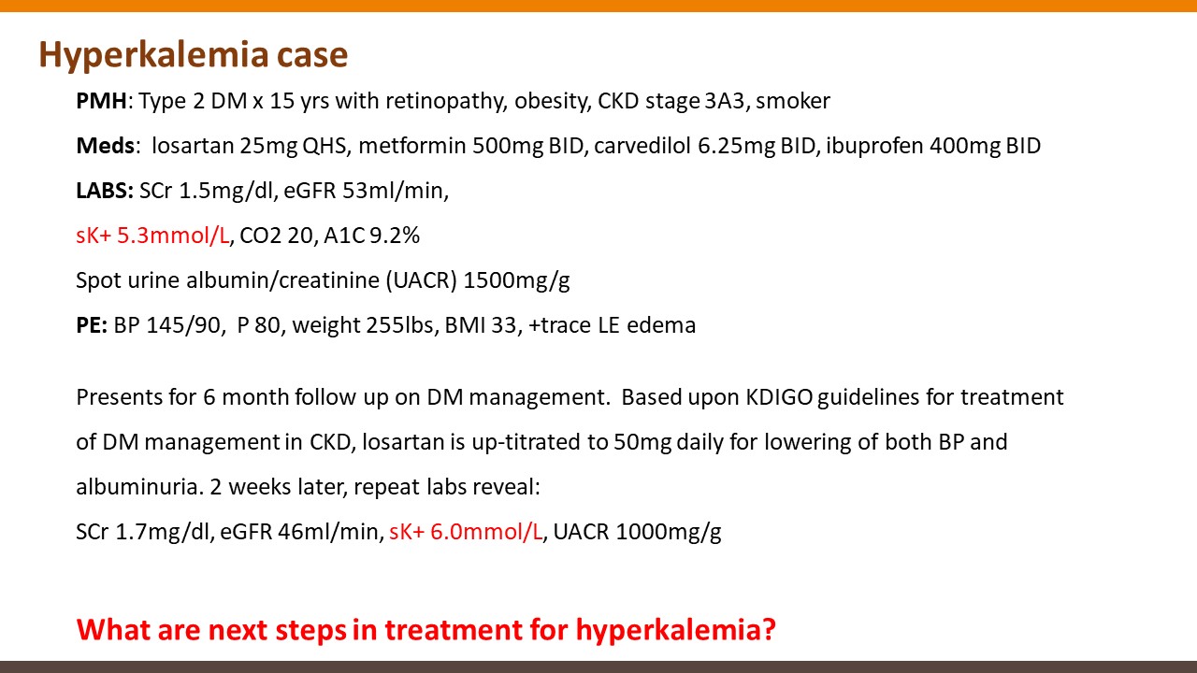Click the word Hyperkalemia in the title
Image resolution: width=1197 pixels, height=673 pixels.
click(x=153, y=56)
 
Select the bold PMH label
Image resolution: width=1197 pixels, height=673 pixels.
click(x=102, y=101)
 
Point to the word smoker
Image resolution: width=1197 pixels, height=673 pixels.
click(x=793, y=101)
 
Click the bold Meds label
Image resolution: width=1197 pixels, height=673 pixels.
click(x=106, y=146)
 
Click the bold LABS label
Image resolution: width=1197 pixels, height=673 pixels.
click(x=105, y=191)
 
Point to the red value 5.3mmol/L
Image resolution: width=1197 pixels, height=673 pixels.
click(x=173, y=236)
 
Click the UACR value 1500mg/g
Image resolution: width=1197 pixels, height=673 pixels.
click(x=516, y=281)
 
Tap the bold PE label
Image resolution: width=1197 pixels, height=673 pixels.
click(x=92, y=325)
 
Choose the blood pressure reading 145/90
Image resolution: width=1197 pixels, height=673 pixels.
click(x=184, y=325)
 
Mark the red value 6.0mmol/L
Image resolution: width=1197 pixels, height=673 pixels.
click(x=486, y=532)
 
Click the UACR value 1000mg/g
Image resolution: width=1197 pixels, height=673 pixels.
click(x=669, y=533)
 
